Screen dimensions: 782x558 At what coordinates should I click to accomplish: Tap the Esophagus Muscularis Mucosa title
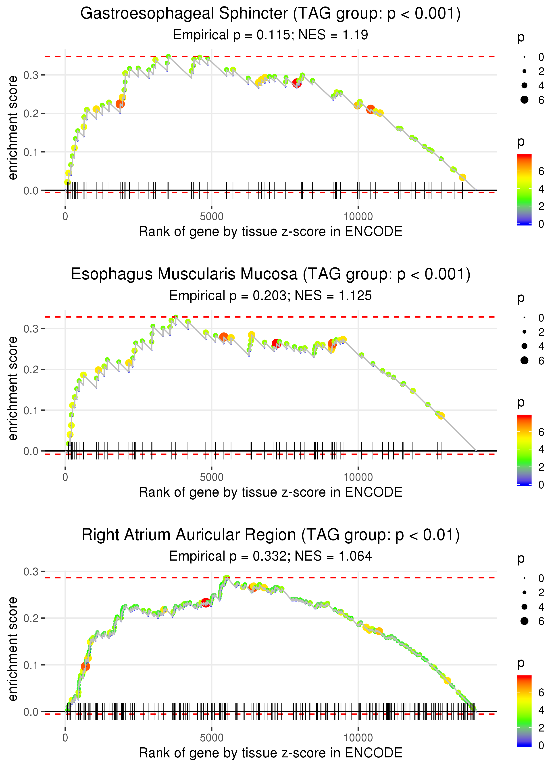click(x=271, y=274)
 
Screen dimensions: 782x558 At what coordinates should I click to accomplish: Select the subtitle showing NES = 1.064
click(x=271, y=556)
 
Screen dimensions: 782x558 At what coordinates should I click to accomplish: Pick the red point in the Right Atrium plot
click(x=206, y=603)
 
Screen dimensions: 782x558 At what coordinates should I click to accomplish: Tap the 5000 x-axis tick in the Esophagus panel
click(x=212, y=477)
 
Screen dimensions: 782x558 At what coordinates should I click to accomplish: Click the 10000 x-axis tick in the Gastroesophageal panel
click(x=358, y=217)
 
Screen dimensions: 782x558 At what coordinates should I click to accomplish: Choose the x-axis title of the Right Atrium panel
click(x=271, y=753)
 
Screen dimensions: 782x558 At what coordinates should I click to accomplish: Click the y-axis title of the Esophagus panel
click(x=13, y=388)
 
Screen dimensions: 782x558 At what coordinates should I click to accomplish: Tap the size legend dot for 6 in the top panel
click(x=524, y=100)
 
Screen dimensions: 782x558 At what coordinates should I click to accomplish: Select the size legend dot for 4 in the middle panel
click(x=524, y=346)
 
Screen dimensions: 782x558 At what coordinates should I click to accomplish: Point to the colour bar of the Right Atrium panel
click(x=524, y=711)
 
